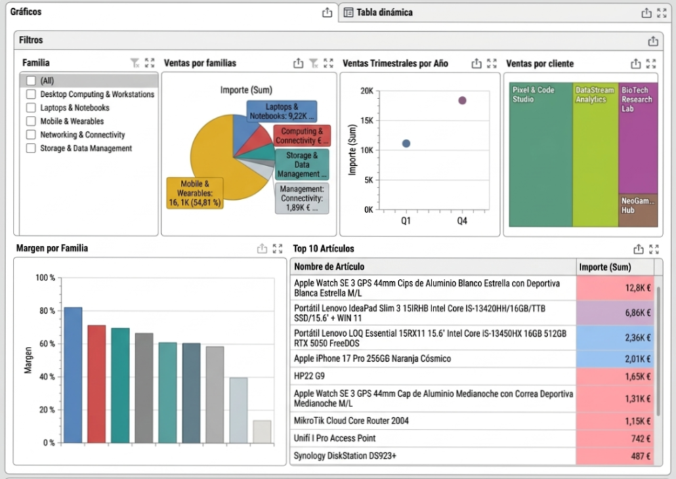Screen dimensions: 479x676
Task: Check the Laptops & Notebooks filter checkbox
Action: pos(30,108)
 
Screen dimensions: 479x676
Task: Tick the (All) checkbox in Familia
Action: pos(30,81)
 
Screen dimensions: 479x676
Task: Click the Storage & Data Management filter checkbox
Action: pos(30,148)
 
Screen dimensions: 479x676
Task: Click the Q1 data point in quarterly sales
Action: pos(406,143)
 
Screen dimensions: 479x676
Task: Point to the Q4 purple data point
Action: pos(462,100)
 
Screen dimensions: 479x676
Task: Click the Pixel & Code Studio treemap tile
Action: pos(540,156)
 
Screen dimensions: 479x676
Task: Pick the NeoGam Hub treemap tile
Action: pos(637,211)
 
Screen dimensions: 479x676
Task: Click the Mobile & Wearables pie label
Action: pos(194,193)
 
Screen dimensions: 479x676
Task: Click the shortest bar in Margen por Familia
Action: pos(261,432)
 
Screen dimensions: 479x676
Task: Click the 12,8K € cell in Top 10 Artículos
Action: pos(615,288)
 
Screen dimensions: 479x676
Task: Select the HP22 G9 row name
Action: pos(309,375)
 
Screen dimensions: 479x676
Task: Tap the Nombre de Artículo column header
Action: pos(329,267)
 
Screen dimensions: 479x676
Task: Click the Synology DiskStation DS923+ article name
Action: pos(345,456)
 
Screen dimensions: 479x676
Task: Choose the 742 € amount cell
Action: pos(615,438)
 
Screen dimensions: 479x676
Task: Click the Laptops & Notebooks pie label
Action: pos(281,111)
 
